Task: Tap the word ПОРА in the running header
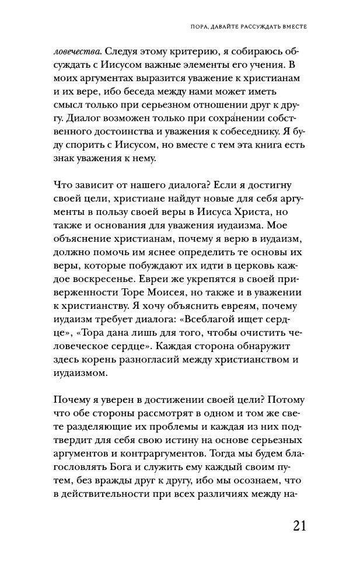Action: pyautogui.click(x=192, y=26)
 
